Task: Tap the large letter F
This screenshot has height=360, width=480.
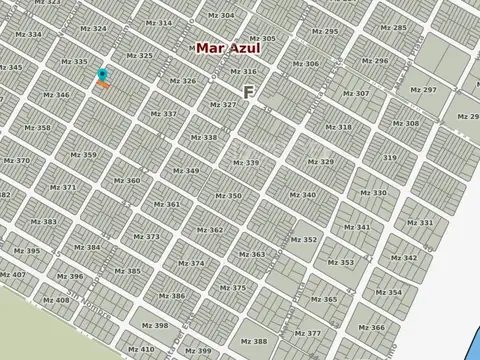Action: (248, 91)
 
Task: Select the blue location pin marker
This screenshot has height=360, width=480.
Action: (103, 75)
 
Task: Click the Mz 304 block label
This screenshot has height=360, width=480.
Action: (220, 15)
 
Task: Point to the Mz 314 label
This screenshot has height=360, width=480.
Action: (157, 22)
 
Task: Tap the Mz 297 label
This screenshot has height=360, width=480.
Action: (423, 89)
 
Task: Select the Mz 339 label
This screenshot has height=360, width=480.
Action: (245, 162)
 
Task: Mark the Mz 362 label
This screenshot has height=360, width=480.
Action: (209, 230)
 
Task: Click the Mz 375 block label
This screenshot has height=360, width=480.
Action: (231, 288)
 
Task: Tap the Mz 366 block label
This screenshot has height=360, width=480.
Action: (370, 328)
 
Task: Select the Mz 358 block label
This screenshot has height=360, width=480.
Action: (37, 128)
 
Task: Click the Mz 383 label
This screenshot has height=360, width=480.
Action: (43, 222)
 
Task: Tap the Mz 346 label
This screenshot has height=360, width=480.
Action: (56, 95)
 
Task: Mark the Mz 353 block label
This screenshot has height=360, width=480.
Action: (340, 263)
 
